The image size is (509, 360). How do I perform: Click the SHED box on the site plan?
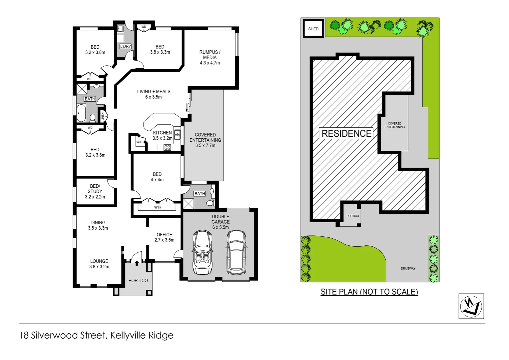[x=313, y=28]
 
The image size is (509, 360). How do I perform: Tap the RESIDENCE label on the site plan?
[x=346, y=133]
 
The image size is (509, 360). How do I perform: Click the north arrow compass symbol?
[x=471, y=306]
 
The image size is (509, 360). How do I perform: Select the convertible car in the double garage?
[x=202, y=252]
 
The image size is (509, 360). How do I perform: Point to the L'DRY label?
[x=126, y=46]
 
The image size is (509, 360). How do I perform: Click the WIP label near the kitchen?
[x=139, y=142]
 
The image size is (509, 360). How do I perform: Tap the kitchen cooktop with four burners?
[x=167, y=147]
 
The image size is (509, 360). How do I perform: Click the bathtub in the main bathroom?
[x=81, y=113]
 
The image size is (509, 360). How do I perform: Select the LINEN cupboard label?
[x=103, y=116]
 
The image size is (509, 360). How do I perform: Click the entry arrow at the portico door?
[x=137, y=263]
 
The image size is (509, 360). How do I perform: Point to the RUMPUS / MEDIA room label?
[x=210, y=55]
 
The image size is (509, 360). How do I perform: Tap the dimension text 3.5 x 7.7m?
[x=205, y=146]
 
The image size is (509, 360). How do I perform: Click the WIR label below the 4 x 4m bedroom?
[x=158, y=207]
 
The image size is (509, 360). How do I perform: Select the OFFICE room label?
[x=164, y=235]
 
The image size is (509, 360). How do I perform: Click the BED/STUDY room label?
[x=95, y=189]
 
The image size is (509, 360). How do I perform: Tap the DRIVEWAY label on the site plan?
[x=408, y=268]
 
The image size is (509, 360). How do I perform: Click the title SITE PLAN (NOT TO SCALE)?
[x=369, y=292]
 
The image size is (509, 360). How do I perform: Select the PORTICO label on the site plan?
[x=352, y=216]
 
